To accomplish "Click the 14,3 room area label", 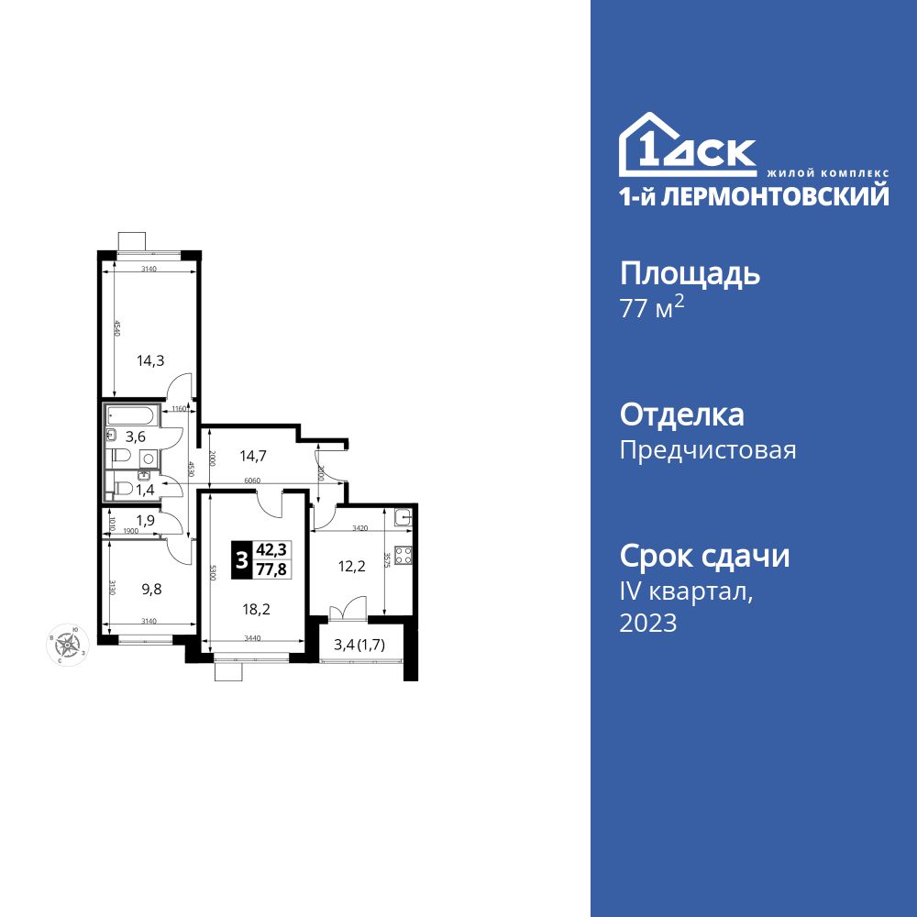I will (x=150, y=360).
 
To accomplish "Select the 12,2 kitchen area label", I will (x=352, y=567).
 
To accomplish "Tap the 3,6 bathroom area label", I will (x=136, y=436).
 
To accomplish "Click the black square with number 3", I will (x=241, y=559).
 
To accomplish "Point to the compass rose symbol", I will (x=70, y=643).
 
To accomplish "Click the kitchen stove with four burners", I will (x=404, y=555).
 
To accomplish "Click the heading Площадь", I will (x=691, y=274).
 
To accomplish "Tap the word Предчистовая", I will (x=708, y=450).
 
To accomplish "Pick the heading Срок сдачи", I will (x=704, y=556).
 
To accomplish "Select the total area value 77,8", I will (x=271, y=569).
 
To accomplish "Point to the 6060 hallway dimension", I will (x=255, y=481).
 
